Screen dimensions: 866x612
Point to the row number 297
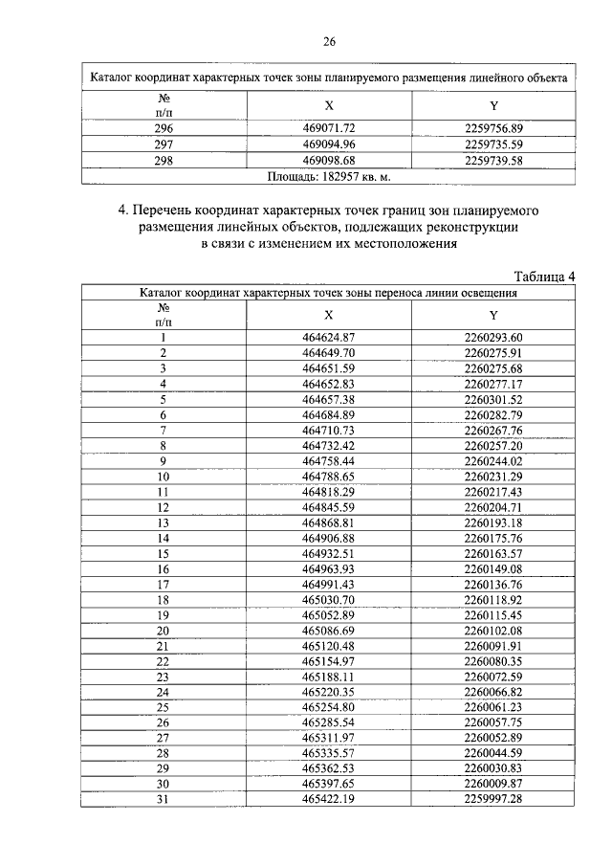click(x=164, y=144)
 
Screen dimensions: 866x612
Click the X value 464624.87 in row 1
click(x=329, y=337)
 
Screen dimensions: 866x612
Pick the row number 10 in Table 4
click(x=164, y=476)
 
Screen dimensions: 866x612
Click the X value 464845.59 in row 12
click(x=329, y=506)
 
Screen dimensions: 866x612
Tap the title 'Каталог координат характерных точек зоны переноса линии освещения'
click(x=329, y=294)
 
